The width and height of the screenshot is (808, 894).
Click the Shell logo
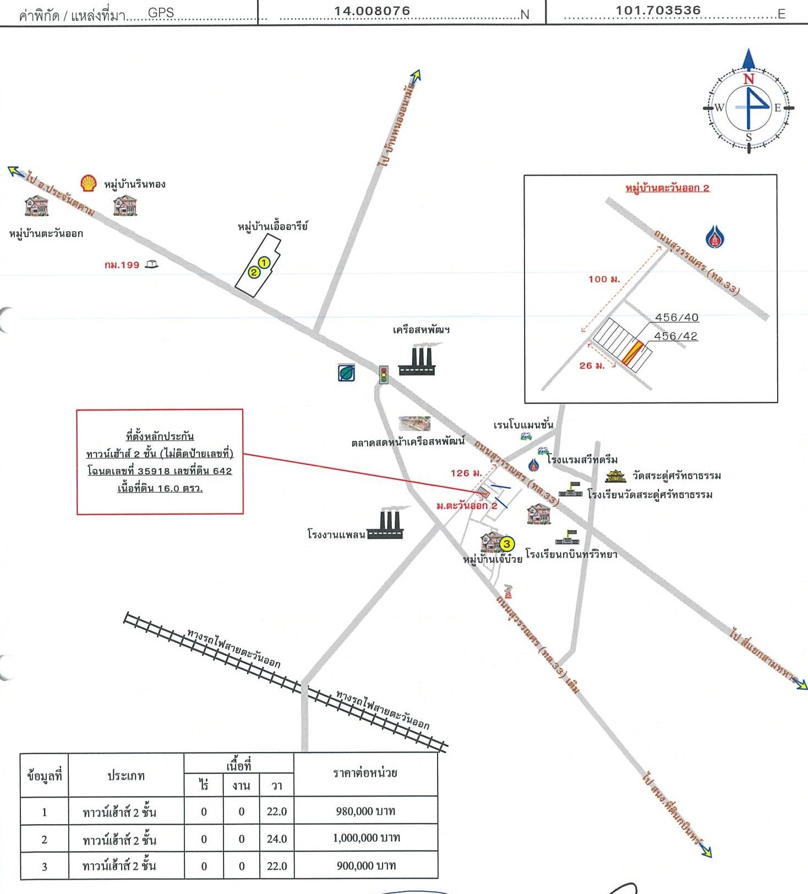[x=89, y=183]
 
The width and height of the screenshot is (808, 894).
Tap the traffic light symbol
[x=384, y=374]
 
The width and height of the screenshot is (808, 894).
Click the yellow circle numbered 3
[x=507, y=544]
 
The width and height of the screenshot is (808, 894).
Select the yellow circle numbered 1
[x=264, y=263]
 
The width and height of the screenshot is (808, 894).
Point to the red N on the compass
[x=749, y=79]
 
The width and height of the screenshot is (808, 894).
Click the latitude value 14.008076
[x=373, y=11]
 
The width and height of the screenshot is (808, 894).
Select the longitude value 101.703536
[x=658, y=10]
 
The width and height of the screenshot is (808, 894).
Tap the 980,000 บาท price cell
[x=365, y=811]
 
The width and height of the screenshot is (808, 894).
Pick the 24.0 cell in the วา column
[x=276, y=839]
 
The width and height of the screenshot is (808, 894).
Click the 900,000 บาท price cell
[x=365, y=865]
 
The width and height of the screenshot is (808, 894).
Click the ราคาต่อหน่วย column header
[x=365, y=773]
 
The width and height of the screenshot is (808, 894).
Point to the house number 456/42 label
[x=676, y=336]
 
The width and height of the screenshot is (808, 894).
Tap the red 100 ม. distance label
[x=604, y=279]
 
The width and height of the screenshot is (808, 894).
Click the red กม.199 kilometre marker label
[x=122, y=265]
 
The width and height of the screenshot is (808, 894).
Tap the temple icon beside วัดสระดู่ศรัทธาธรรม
[x=615, y=476]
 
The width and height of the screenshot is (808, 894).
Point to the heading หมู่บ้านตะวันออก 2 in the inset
[x=667, y=188]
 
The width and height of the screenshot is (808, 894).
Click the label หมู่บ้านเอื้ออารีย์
[x=273, y=226]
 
